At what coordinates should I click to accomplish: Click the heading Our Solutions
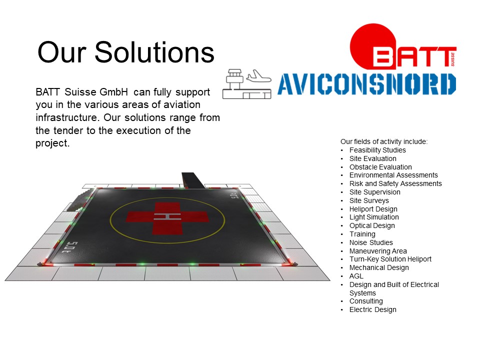[126, 52]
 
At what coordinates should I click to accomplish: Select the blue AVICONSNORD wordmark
[366, 84]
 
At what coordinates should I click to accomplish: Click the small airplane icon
[258, 76]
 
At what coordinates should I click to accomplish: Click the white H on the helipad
[167, 216]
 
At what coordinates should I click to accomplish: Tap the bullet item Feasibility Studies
[377, 150]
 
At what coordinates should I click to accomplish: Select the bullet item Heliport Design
[373, 209]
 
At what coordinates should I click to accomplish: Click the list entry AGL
[356, 276]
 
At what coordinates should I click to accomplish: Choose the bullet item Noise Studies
[371, 242]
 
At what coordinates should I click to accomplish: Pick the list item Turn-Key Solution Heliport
[390, 259]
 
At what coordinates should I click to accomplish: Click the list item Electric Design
[373, 309]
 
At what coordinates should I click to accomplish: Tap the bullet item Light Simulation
[374, 217]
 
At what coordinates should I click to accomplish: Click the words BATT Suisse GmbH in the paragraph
[81, 92]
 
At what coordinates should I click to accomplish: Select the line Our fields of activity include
[384, 141]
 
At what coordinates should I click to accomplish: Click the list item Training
[362, 234]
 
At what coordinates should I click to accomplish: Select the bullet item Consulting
[366, 301]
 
